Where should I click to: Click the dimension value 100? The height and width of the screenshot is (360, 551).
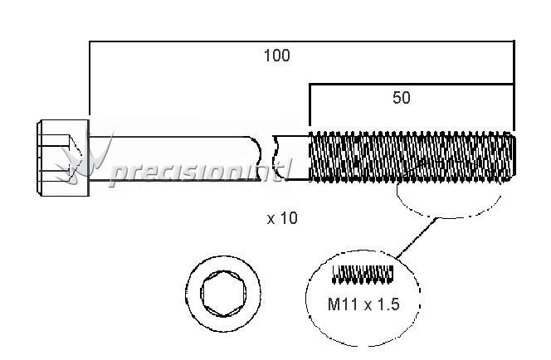277,56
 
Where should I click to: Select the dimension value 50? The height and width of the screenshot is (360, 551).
402,98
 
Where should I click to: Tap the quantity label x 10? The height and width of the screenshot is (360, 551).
282,218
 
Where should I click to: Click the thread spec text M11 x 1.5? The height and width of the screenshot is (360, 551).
363,304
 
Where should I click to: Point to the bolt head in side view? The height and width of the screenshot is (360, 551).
63,158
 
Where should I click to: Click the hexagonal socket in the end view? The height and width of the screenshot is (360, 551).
223,294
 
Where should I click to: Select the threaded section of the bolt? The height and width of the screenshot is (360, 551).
412,157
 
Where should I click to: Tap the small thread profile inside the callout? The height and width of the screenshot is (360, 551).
363,275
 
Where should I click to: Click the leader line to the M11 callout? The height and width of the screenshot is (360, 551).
416,238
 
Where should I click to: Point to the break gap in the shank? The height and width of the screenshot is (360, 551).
267,158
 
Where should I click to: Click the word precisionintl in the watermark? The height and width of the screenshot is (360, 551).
200,172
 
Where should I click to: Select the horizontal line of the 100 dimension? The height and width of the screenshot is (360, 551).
302,41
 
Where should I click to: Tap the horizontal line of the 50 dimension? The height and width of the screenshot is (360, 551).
412,85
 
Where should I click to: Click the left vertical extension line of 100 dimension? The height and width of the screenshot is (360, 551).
90,78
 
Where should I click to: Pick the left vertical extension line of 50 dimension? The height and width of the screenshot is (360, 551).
310,105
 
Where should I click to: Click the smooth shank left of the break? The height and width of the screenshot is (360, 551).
174,158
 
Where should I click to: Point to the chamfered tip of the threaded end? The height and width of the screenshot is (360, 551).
513,157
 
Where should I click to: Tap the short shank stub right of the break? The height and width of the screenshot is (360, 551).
291,158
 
